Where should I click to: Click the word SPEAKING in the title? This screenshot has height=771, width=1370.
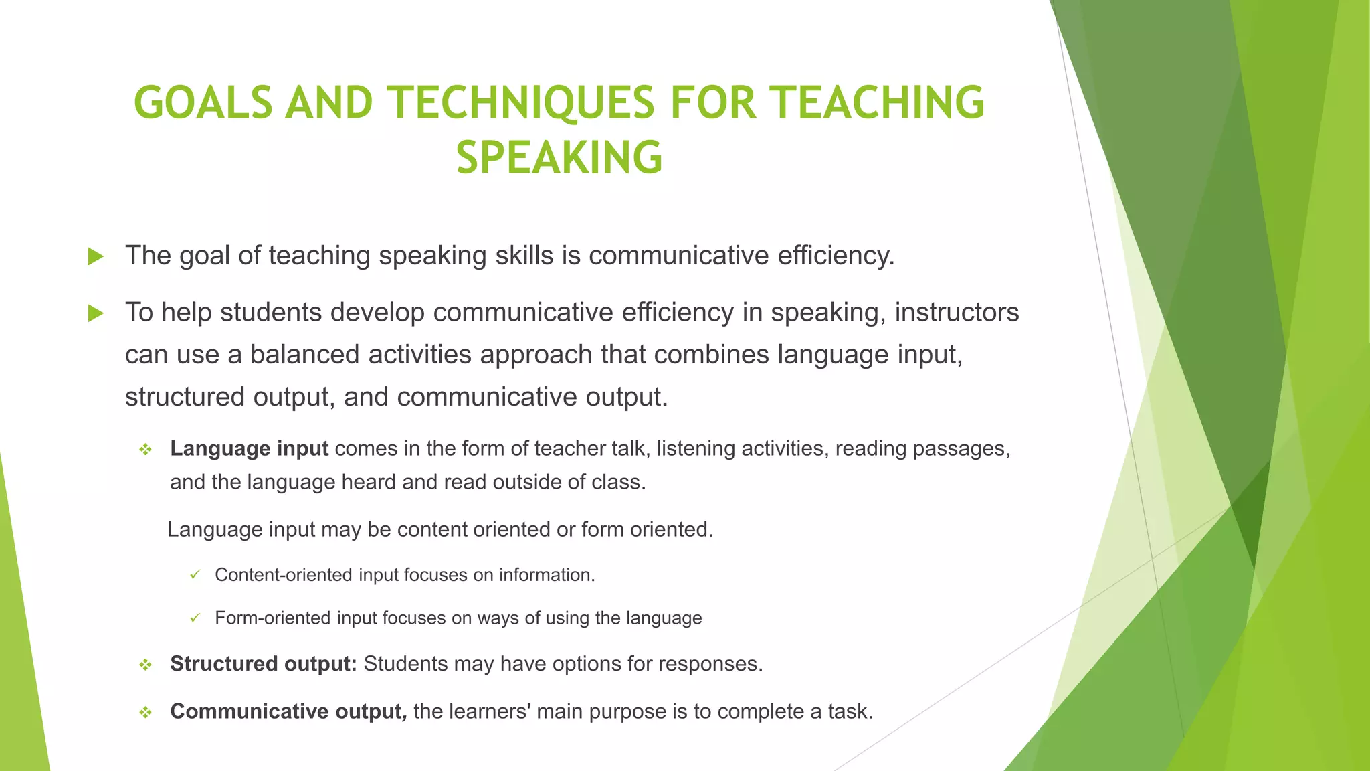(559, 158)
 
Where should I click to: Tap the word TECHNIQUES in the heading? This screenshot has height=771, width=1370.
(522, 103)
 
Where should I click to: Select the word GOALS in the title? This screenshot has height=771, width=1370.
(203, 103)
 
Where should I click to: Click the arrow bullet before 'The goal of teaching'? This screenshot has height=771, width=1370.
(96, 256)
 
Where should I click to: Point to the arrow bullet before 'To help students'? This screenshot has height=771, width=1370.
(96, 313)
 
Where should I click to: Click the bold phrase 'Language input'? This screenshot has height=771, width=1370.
(249, 448)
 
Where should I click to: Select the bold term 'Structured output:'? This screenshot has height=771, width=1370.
(264, 664)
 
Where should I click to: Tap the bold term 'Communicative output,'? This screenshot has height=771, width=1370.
(288, 711)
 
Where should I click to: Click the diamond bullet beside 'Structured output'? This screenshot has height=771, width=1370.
(145, 665)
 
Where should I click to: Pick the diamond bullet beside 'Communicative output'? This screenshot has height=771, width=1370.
(145, 713)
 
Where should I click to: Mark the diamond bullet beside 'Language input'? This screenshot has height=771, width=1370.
(145, 450)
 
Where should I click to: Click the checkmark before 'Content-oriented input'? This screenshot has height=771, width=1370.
(195, 575)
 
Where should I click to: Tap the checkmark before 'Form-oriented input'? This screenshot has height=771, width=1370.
(195, 618)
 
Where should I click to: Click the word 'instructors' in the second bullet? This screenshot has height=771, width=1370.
(957, 313)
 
